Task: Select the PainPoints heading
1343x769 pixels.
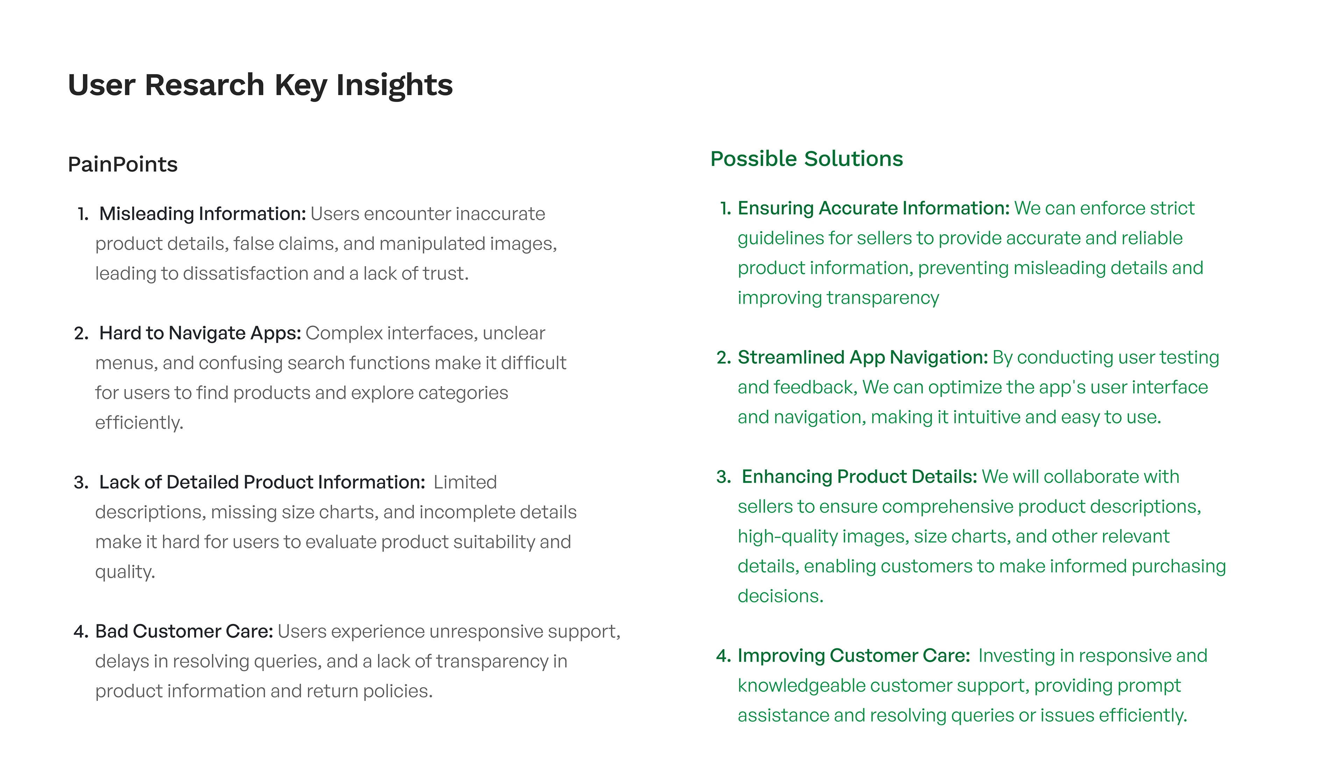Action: point(122,164)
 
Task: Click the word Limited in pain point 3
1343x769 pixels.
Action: point(465,482)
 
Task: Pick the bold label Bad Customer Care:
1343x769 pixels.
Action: point(184,631)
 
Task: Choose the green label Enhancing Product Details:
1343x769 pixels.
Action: point(860,477)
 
